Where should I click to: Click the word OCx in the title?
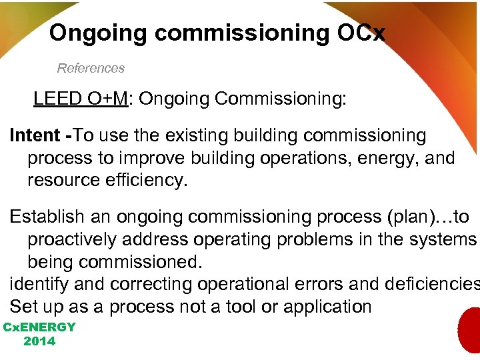[361, 33]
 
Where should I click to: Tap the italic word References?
[91, 68]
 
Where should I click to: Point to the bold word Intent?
[35, 135]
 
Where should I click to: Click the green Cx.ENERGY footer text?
[39, 327]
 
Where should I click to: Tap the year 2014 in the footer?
[39, 341]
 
